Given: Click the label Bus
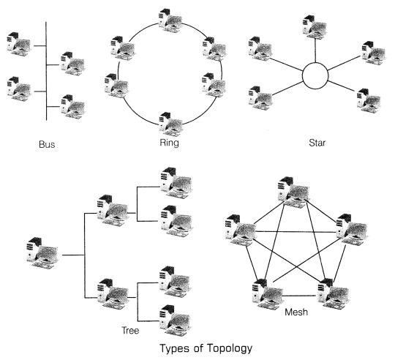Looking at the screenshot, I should pyautogui.click(x=46, y=143).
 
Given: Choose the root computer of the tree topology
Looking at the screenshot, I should pyautogui.click(x=44, y=252).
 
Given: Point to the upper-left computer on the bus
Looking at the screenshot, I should pyautogui.click(x=20, y=45).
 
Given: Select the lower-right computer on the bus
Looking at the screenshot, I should pyautogui.click(x=72, y=105).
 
